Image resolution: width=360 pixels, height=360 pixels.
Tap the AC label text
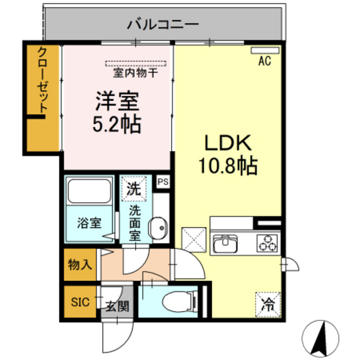[264, 62]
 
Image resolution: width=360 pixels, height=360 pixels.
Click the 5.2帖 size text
[118, 124]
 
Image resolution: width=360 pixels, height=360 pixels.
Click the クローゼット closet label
[42, 81]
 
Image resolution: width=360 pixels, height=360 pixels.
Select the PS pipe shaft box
[163, 182]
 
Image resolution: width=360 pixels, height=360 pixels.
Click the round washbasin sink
[157, 227]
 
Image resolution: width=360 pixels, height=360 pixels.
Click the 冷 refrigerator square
[267, 303]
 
